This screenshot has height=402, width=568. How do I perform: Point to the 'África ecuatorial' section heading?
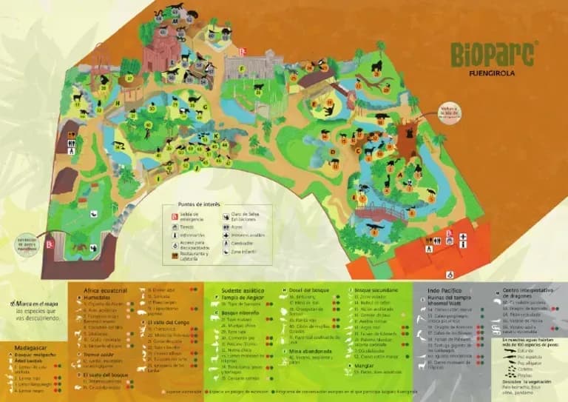click(102, 292)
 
